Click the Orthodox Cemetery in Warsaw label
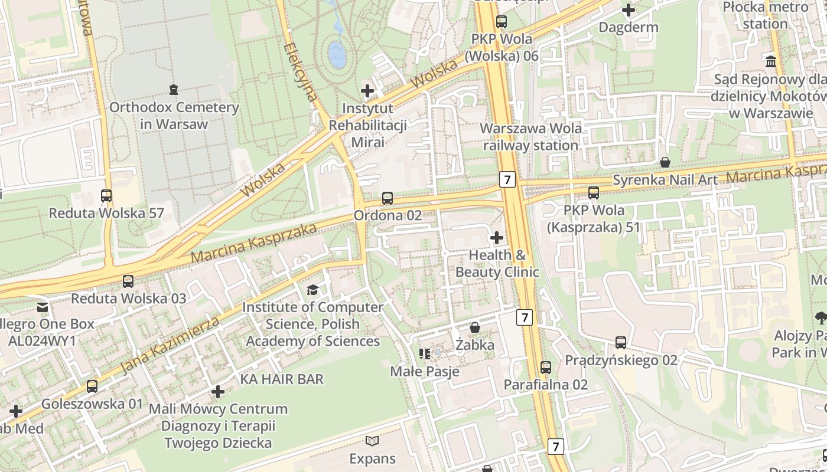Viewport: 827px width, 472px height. (174, 116)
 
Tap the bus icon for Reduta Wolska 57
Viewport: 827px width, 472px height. (106, 196)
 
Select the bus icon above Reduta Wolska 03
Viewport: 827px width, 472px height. (128, 281)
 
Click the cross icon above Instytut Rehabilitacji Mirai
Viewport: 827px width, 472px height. (367, 91)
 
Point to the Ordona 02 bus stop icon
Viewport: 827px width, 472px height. (388, 198)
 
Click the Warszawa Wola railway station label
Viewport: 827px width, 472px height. (530, 137)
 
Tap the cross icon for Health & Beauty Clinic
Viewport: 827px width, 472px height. (497, 238)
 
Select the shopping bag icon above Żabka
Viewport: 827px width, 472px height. (475, 327)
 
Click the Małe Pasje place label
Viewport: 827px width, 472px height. (425, 372)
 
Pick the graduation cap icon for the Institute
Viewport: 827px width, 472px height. (312, 290)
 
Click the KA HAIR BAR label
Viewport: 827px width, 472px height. (282, 379)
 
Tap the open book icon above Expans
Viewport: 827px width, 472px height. (372, 441)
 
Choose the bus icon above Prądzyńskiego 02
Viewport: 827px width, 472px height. (621, 343)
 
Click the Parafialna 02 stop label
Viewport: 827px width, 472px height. (545, 385)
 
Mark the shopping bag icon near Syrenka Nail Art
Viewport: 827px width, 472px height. (665, 162)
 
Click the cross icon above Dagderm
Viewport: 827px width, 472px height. (629, 10)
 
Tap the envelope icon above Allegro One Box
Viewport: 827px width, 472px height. (43, 307)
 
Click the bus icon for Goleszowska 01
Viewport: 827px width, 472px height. (92, 386)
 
